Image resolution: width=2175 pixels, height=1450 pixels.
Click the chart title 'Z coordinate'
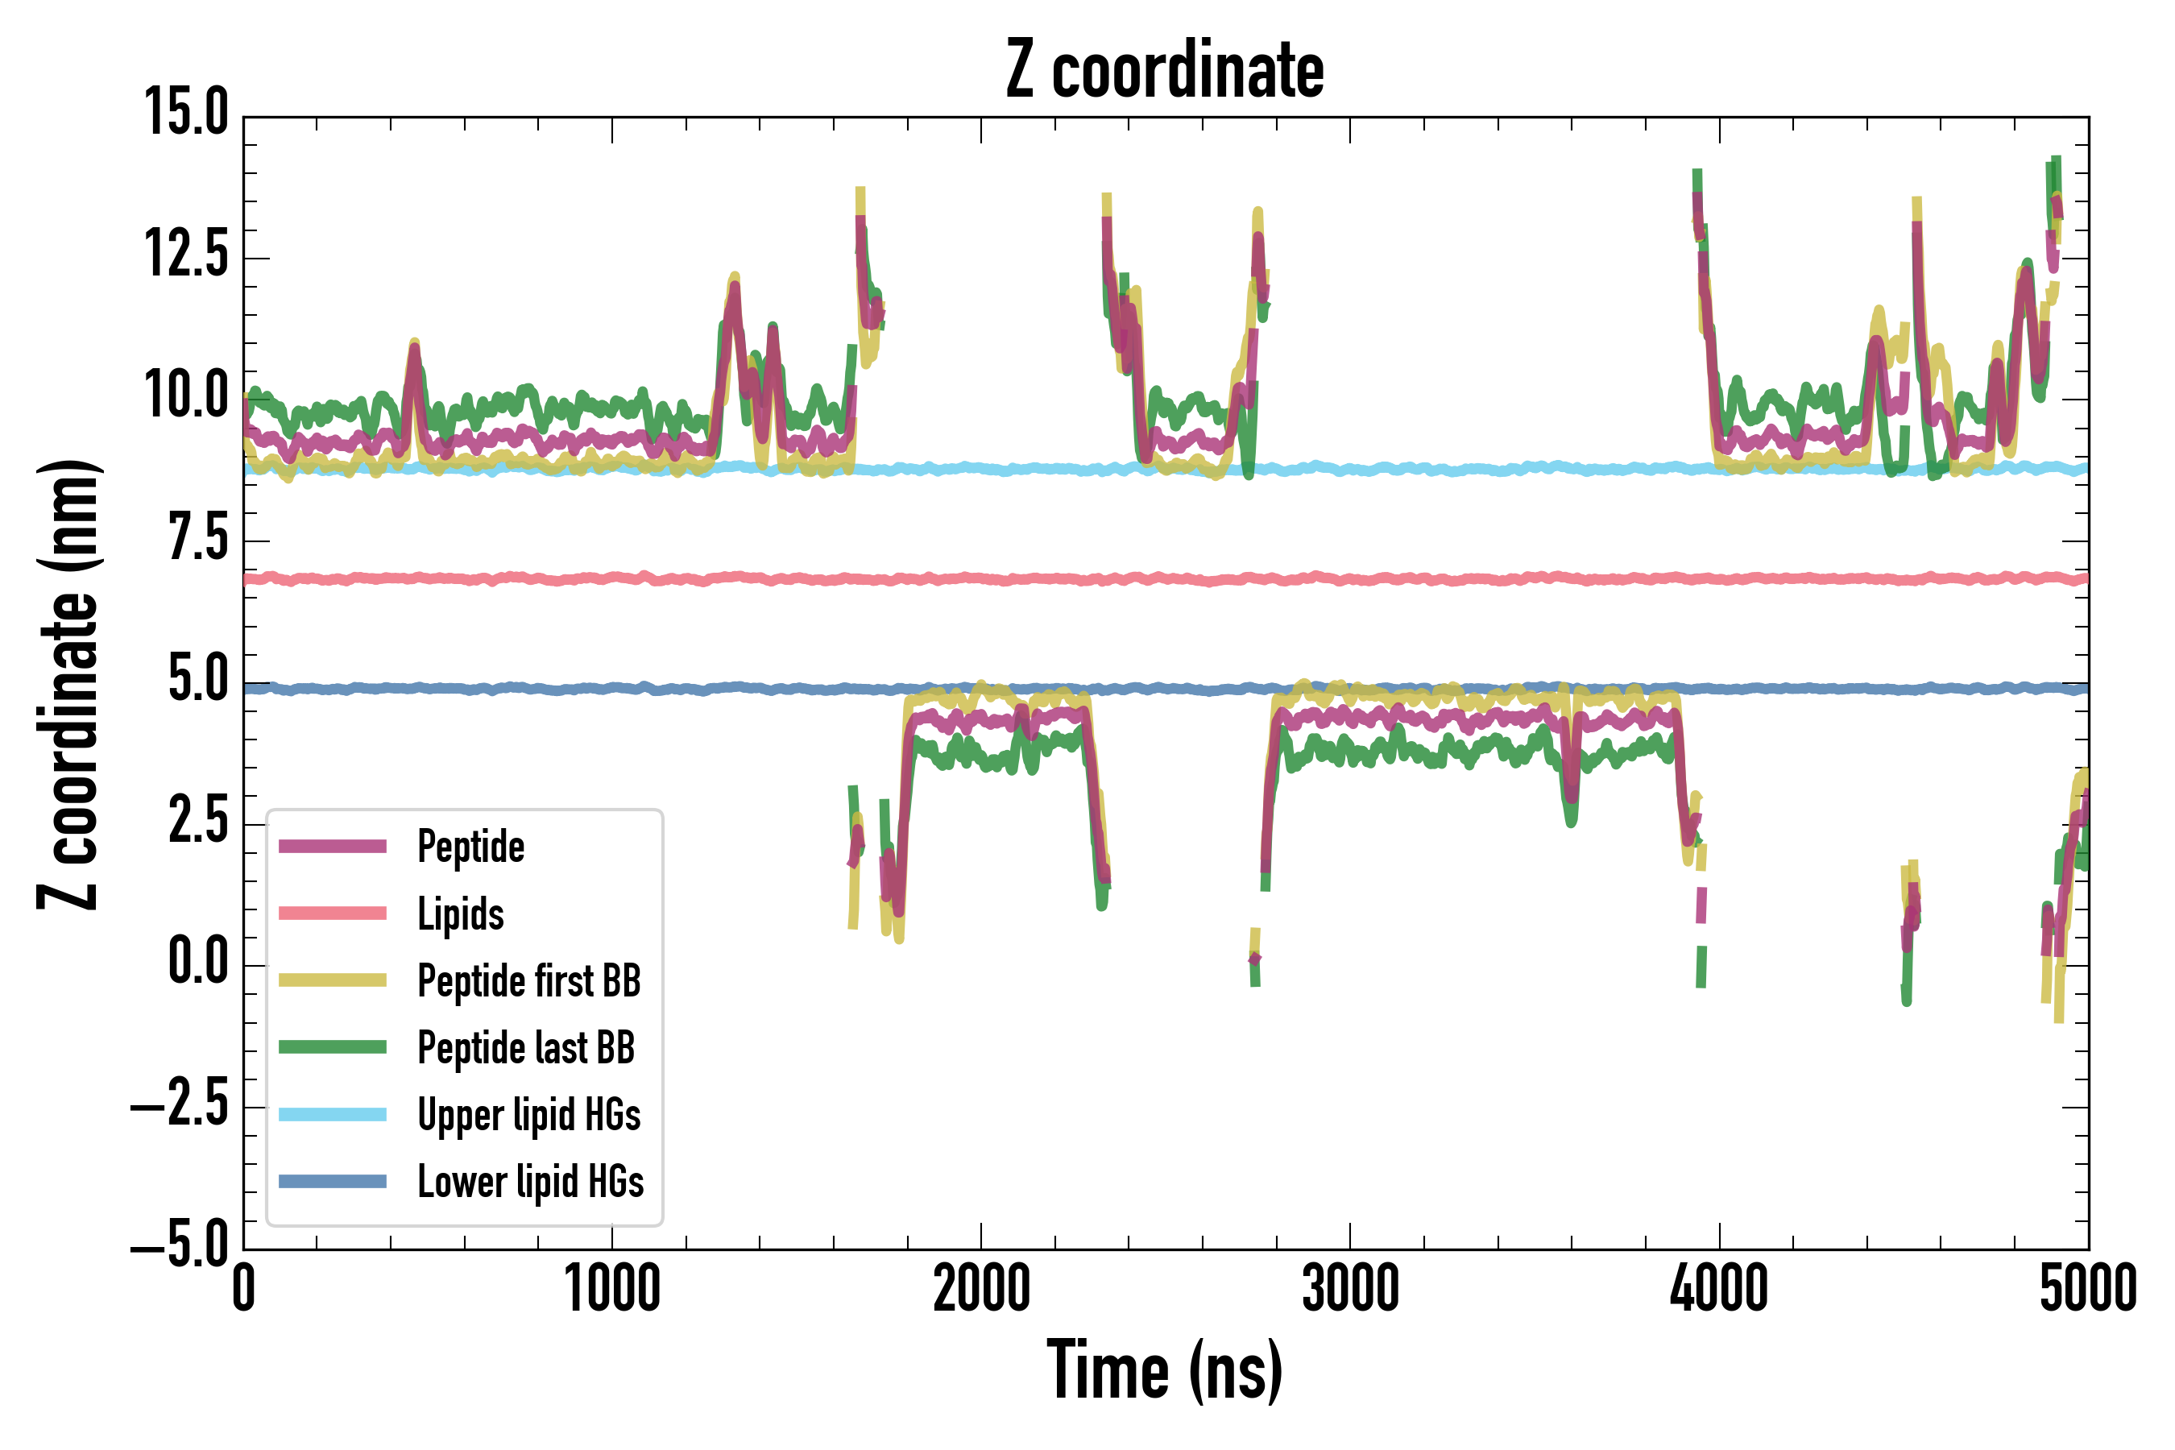coord(1164,69)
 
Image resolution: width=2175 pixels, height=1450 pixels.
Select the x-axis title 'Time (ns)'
coord(1164,1370)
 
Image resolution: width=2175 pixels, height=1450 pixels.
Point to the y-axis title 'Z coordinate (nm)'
coord(68,684)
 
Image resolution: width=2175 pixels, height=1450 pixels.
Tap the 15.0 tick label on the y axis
coord(186,114)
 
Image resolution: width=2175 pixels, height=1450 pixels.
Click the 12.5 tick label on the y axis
coord(186,255)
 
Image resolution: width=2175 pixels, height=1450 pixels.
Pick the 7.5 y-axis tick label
coord(198,538)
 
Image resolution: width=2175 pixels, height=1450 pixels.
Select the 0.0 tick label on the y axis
coord(198,963)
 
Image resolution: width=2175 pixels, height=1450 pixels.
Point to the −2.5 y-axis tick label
coord(180,1104)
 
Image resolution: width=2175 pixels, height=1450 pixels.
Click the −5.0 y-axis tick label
coord(180,1245)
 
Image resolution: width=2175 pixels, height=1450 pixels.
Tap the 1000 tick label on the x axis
coord(612,1288)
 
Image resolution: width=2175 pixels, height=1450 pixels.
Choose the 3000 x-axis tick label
coord(1350,1288)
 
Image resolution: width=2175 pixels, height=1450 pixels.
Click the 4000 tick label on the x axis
coord(1719,1288)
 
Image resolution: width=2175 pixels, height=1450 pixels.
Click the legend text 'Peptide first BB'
coord(529,981)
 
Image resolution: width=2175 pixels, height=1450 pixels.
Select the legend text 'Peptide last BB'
coord(526,1048)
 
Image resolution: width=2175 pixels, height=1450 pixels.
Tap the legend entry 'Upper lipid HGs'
coord(529,1114)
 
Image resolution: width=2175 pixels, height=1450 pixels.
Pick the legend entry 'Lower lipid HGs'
coord(531,1182)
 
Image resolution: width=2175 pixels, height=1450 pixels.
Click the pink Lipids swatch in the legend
coord(333,913)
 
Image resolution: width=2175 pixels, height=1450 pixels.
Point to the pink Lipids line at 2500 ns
coord(1166,580)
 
